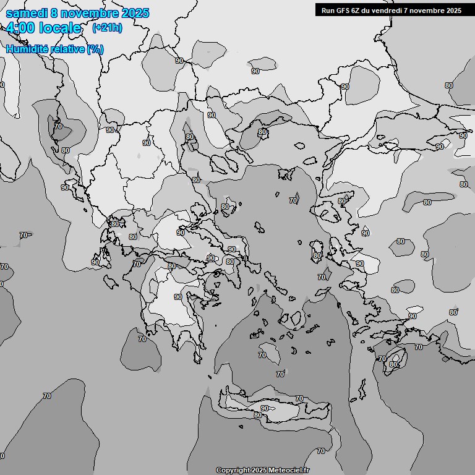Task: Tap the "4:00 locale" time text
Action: pos(43,28)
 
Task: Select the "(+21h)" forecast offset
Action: pos(107,28)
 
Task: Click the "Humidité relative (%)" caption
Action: pos(55,49)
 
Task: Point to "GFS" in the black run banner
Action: pos(344,10)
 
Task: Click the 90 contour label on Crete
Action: pos(265,408)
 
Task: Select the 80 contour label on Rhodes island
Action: pos(393,365)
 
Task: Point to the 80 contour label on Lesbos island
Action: pos(341,201)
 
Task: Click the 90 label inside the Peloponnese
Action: pos(178,297)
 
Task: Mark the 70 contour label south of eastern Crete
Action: pos(320,451)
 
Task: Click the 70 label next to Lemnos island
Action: pos(293,200)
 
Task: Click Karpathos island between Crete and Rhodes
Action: pos(361,388)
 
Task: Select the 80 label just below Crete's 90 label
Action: pos(257,415)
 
